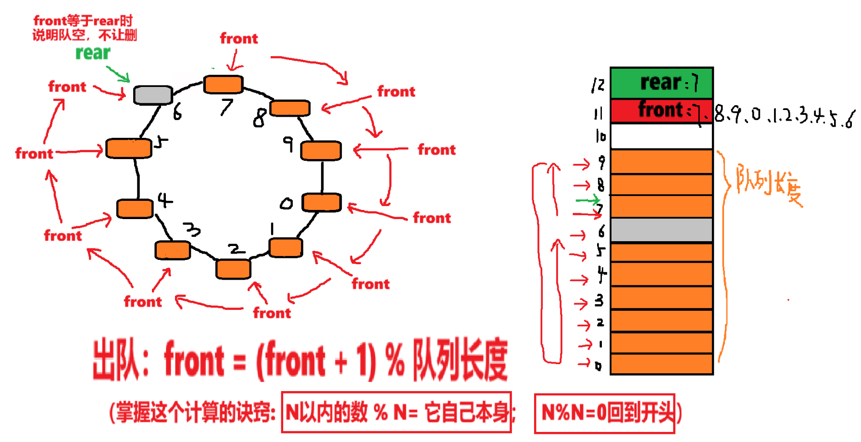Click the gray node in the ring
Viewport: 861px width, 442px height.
click(x=153, y=95)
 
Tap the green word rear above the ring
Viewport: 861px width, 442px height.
click(x=93, y=53)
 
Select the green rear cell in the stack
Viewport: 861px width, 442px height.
click(x=661, y=83)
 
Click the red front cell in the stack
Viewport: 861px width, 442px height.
click(x=661, y=110)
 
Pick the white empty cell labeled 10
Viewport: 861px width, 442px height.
click(x=661, y=136)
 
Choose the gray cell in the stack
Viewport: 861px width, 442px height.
click(x=661, y=230)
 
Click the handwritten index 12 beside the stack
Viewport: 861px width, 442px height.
click(x=598, y=85)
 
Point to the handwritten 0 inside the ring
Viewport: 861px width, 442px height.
click(x=287, y=204)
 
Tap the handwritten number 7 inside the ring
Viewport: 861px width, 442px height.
click(x=226, y=107)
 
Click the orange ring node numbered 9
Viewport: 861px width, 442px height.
click(x=321, y=150)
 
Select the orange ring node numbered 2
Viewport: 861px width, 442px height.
click(x=233, y=269)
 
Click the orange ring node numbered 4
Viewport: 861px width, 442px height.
click(x=135, y=209)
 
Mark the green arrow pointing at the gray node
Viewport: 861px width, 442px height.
click(x=118, y=74)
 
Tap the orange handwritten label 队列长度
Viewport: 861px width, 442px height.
click(x=769, y=184)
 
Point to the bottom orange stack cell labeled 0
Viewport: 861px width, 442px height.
click(x=661, y=364)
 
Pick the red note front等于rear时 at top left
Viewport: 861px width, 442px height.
click(x=83, y=21)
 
